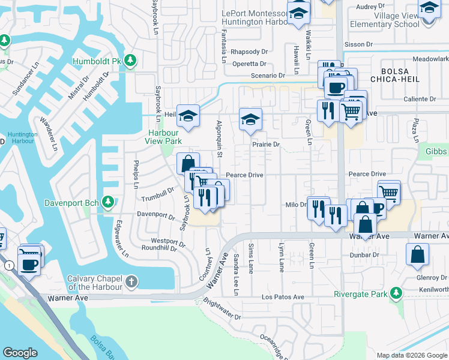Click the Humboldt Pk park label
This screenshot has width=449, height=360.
(97, 61)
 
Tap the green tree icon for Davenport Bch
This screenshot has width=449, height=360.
(108, 202)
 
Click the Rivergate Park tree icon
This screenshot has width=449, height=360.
(396, 293)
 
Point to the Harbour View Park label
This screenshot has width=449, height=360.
(163, 137)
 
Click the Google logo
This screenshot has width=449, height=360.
(20, 353)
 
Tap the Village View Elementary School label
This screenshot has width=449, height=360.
(396, 20)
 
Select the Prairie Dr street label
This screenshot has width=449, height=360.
(266, 145)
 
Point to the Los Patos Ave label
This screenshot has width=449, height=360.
(283, 297)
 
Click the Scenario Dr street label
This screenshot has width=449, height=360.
(268, 76)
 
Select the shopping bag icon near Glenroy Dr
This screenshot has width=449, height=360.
(417, 254)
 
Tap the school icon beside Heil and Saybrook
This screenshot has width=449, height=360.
(188, 116)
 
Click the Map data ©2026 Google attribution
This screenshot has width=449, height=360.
(412, 355)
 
